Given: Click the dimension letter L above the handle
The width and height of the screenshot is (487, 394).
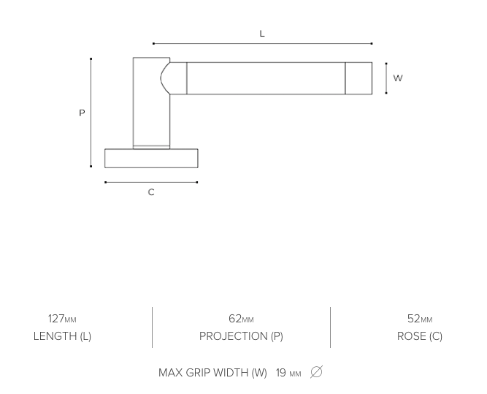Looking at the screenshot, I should coord(262,34).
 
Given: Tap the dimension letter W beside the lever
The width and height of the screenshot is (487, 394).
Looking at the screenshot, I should coord(398,78).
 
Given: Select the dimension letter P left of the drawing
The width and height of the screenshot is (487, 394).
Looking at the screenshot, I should coord(82,113).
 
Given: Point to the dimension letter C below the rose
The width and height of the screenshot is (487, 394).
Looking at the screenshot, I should coord(151,192).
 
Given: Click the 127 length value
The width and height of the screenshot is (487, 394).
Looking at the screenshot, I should coord(56,319).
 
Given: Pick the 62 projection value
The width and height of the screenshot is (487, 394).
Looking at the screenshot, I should coord(235,319).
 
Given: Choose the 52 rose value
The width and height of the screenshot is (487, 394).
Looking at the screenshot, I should coord(413,319).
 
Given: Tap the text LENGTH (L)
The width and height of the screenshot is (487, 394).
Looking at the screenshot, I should coord(62,336).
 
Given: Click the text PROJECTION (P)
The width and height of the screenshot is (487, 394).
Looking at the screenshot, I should coord(241,336).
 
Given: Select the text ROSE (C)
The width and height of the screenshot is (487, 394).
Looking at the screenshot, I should coord(420,336).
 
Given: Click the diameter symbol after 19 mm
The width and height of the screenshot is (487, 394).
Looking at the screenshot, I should coord(316,372).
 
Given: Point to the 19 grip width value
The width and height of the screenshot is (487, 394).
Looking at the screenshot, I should coord(281,373).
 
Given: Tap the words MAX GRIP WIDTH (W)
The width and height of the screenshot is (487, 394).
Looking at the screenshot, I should coord(212,373).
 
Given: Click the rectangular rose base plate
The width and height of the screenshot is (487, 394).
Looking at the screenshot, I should coord(151,158).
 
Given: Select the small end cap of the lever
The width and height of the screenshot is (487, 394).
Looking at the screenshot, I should coord(358,78).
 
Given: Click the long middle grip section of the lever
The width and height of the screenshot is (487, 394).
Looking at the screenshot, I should coord(266,78).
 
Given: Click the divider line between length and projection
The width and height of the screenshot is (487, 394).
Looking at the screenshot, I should coord(152,327).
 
